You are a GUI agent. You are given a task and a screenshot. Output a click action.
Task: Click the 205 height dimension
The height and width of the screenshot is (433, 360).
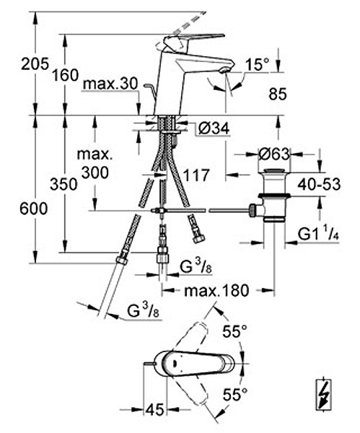(x=35, y=64)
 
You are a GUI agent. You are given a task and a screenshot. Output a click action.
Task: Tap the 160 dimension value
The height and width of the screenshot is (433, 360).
(x=66, y=75)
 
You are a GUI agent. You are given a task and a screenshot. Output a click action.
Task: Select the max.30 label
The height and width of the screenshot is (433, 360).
(x=110, y=84)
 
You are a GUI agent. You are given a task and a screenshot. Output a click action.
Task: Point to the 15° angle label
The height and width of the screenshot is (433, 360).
(x=258, y=65)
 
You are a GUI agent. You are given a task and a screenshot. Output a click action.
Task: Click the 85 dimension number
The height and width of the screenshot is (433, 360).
(x=278, y=94)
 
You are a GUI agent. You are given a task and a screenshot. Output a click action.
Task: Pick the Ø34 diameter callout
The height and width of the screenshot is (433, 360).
(x=214, y=128)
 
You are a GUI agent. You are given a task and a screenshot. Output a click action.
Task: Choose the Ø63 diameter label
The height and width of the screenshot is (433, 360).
(x=274, y=154)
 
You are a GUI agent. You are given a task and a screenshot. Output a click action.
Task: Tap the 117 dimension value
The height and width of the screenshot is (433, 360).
(x=196, y=175)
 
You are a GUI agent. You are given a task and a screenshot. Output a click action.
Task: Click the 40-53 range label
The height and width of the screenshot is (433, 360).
(x=319, y=184)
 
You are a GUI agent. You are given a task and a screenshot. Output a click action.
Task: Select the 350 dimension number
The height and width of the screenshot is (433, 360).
(x=63, y=184)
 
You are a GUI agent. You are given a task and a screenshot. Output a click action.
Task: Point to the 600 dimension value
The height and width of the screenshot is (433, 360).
(x=34, y=209)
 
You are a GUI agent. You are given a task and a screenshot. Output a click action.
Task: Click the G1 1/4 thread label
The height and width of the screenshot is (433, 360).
(x=319, y=234)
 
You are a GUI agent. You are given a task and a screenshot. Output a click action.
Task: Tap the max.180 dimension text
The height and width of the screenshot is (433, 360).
(x=216, y=291)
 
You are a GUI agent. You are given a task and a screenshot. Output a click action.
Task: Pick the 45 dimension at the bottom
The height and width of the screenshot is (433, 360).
(x=154, y=409)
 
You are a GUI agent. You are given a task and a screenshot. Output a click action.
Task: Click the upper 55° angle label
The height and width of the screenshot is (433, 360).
(x=235, y=331)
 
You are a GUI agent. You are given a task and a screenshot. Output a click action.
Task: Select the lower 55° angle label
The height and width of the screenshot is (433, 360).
(x=235, y=394)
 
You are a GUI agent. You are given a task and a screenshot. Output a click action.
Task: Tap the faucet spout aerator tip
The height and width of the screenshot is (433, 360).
(x=225, y=70)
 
